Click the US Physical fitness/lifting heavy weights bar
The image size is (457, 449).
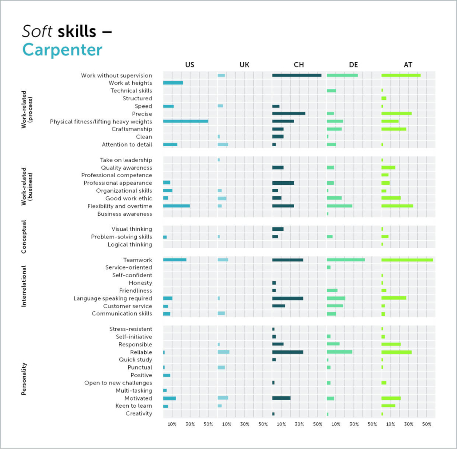point(185,121)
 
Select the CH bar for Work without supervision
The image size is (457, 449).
point(297,75)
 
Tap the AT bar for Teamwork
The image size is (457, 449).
point(407,260)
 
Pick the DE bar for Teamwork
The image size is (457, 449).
point(346,260)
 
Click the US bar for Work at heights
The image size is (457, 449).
point(173,83)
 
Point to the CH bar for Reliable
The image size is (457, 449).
point(288,352)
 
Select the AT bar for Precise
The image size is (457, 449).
point(396,114)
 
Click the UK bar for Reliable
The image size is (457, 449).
point(223,352)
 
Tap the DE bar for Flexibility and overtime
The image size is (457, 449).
point(339,206)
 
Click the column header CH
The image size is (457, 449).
point(299,65)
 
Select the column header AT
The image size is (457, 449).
point(408,65)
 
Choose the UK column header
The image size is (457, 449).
point(244,65)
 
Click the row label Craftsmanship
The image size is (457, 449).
point(131,129)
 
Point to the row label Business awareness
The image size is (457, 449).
point(125,214)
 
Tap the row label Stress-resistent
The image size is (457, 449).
point(130,329)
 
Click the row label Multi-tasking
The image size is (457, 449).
point(134,391)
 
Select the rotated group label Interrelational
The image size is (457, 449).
point(24,286)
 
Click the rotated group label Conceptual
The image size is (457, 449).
point(24,237)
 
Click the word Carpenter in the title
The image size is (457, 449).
point(62,50)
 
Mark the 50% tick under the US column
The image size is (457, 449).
point(208,424)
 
